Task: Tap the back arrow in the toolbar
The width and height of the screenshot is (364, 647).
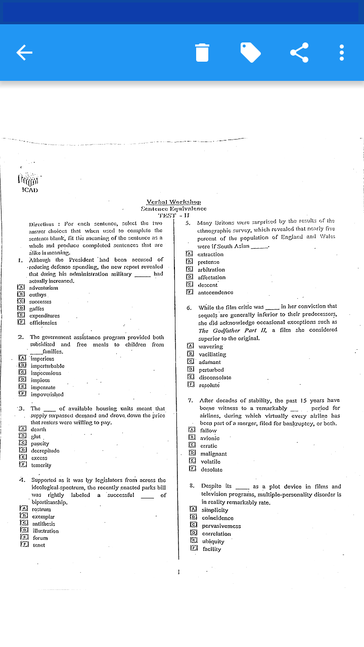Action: point(24,52)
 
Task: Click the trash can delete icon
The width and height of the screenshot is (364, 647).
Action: point(202,52)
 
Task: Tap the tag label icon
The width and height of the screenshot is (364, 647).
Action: point(250,52)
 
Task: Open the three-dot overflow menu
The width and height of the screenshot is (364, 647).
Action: point(342,52)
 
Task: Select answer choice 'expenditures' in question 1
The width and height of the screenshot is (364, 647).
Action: point(45,315)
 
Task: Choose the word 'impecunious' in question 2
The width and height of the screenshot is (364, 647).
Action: point(45,373)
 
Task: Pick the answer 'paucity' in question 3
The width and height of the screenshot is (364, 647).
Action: point(40,444)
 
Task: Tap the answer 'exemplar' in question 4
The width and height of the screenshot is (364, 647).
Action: point(43,517)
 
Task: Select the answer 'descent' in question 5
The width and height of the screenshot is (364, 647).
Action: point(207,285)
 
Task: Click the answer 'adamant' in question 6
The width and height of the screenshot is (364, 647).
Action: point(209,362)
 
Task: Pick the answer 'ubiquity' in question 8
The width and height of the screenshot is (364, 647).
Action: point(213,541)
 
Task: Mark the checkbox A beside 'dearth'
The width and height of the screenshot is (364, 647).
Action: point(22,429)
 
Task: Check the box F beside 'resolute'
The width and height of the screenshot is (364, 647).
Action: point(191,385)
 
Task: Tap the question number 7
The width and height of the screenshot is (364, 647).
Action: point(190,400)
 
